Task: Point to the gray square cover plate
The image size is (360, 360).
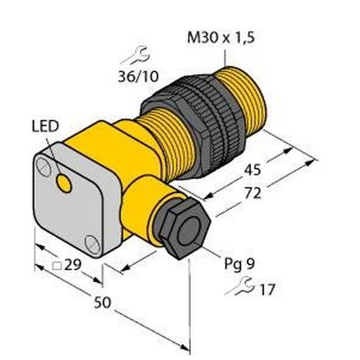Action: click(70, 203)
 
